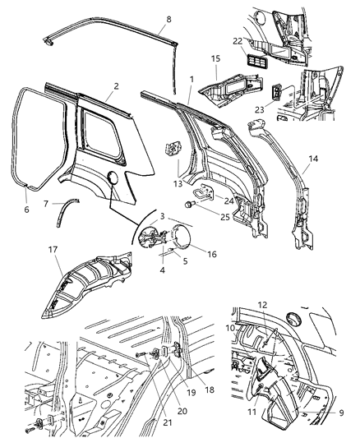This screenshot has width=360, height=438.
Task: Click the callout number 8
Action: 168,19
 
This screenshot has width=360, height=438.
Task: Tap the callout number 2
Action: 116,85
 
